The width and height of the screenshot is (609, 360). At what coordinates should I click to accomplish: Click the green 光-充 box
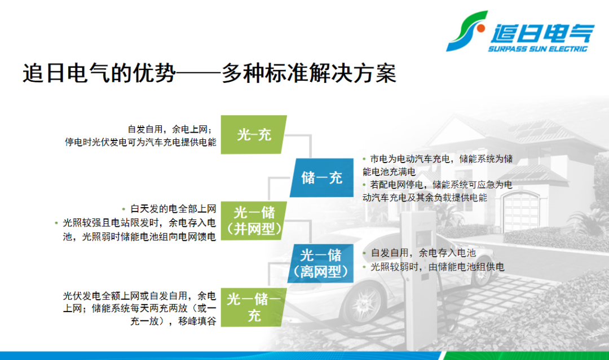click(254, 134)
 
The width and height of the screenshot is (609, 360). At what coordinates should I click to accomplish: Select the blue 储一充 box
click(321, 178)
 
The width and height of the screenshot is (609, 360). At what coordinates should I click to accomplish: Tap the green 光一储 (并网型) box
click(254, 221)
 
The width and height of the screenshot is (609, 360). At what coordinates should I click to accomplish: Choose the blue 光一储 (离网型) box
click(321, 263)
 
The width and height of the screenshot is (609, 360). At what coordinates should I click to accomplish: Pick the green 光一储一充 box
click(254, 307)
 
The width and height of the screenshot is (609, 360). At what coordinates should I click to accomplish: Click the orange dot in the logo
click(481, 28)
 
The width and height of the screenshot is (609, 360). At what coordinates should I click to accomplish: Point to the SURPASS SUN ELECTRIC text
click(537, 49)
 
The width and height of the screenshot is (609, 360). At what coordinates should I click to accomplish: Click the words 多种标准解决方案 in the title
click(309, 73)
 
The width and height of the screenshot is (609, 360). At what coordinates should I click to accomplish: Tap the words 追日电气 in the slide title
click(67, 73)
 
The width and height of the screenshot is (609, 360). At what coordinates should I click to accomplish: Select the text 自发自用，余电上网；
click(170, 129)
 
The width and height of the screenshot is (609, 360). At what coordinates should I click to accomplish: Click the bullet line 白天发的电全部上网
click(173, 209)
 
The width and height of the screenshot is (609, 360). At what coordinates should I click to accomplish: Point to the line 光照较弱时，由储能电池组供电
click(437, 267)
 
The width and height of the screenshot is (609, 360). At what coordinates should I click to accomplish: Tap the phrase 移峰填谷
click(197, 322)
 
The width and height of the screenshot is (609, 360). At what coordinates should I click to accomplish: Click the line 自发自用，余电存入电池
click(423, 253)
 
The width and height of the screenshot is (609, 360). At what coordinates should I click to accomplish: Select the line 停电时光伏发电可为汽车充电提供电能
click(140, 142)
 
